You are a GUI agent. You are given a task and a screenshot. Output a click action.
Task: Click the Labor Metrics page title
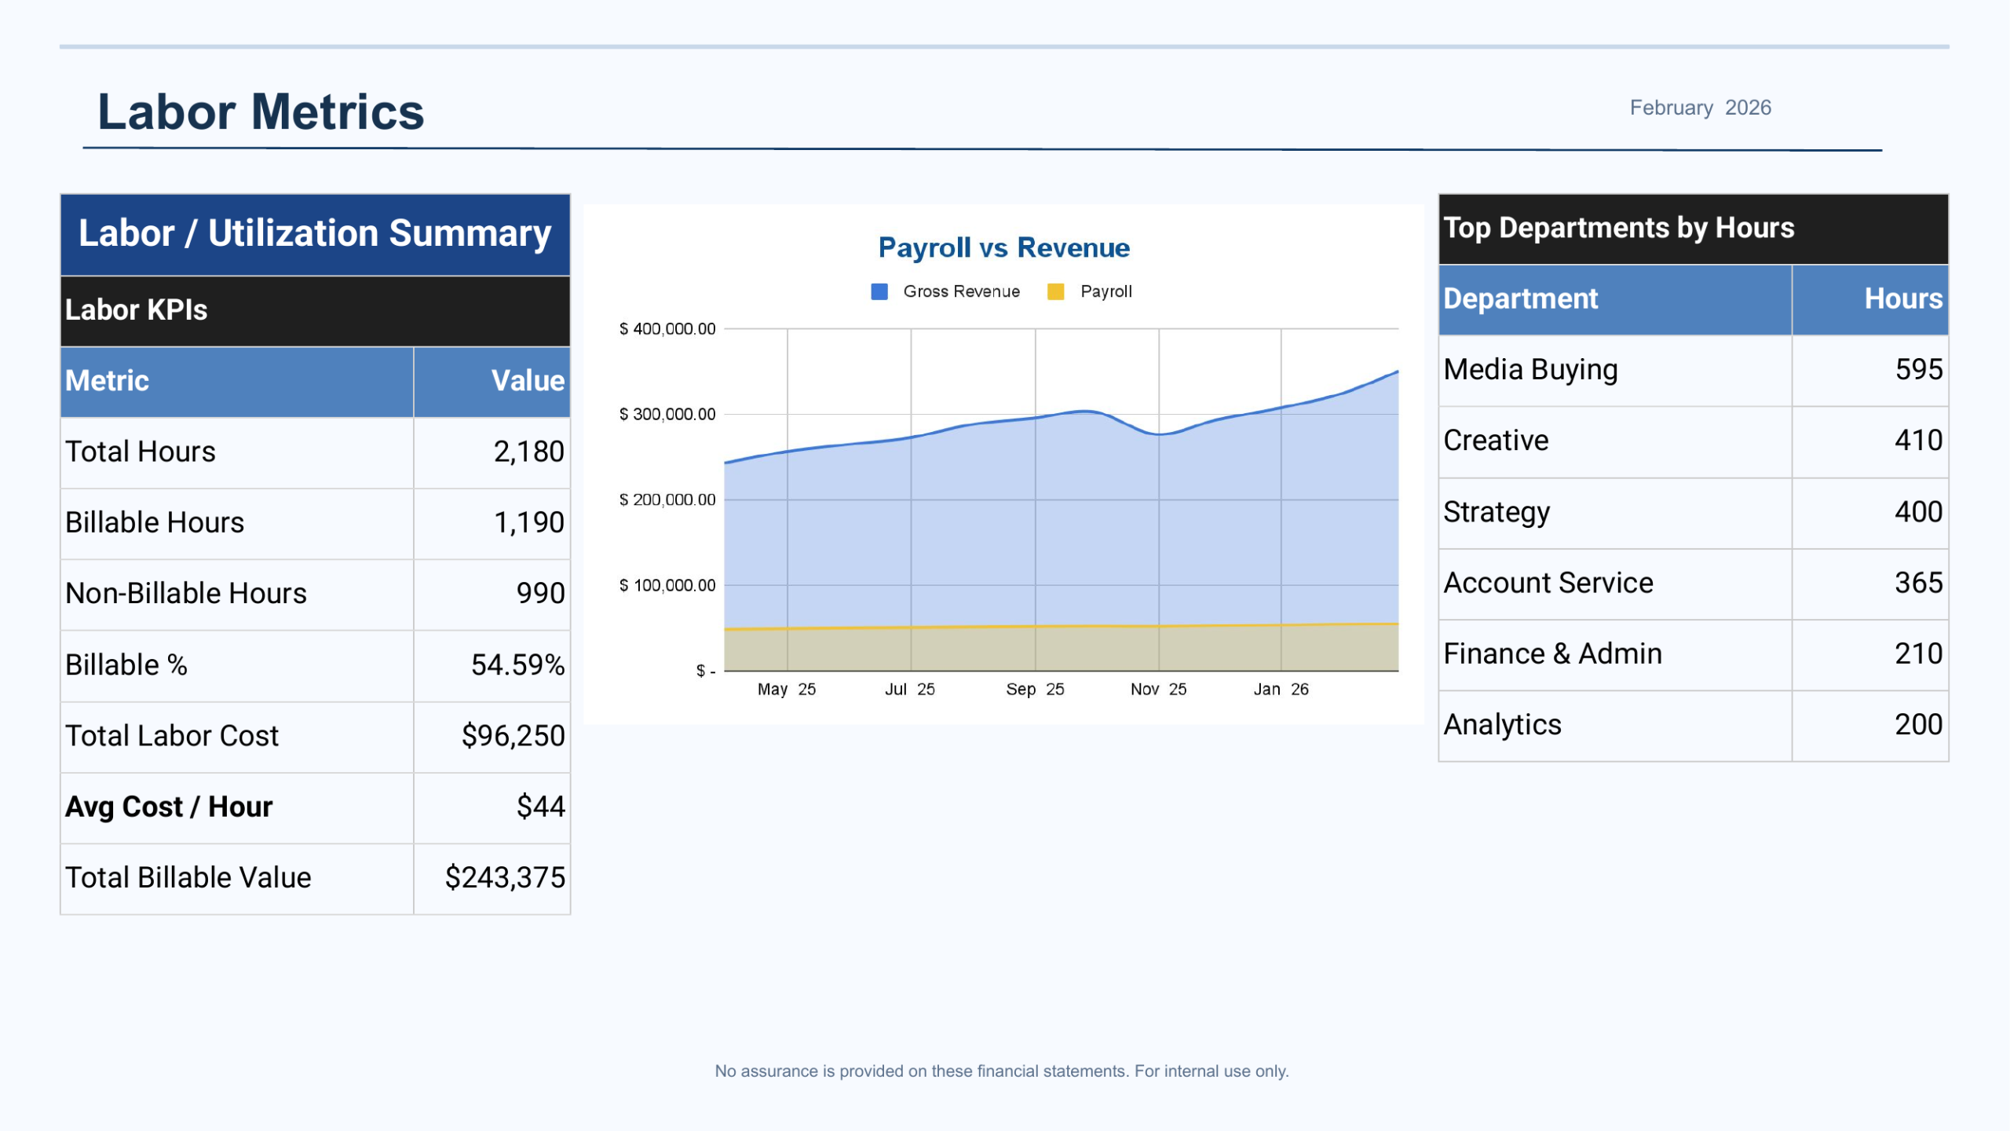[x=260, y=112]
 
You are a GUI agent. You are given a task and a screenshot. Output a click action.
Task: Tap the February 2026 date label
[x=1700, y=108]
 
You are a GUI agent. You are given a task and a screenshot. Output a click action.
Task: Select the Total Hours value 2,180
[x=528, y=452]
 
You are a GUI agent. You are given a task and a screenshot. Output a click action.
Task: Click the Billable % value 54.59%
[x=517, y=664]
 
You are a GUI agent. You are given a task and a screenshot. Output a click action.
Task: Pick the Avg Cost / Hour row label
[x=169, y=807]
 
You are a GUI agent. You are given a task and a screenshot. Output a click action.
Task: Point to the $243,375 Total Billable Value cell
[x=505, y=877]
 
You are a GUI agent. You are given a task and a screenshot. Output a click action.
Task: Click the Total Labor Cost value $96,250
[x=513, y=736]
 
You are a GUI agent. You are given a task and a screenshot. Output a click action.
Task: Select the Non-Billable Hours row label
[x=186, y=594]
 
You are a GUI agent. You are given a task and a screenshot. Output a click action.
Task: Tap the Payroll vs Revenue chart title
[x=1003, y=247]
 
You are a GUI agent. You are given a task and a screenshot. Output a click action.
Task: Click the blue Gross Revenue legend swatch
[x=879, y=291]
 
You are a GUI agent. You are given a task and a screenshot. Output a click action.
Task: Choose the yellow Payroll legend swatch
[x=1056, y=291]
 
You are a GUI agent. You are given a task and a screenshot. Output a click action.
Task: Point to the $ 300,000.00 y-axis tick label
[x=667, y=414]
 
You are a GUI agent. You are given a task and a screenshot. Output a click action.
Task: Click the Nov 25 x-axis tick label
[x=1158, y=689]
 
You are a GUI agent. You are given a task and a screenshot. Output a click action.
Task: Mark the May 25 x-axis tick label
[x=786, y=689]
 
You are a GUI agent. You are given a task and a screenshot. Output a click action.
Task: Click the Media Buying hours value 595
[x=1918, y=369]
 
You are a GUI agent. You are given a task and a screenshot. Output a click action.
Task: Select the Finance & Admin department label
[x=1552, y=653]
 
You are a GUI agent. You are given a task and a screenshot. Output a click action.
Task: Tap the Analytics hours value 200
[x=1918, y=724]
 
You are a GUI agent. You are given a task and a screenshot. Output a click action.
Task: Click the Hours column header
[x=1902, y=298]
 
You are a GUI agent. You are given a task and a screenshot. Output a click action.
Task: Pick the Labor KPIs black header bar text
[x=136, y=309]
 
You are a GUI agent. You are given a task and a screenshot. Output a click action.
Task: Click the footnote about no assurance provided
[x=1001, y=1071]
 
